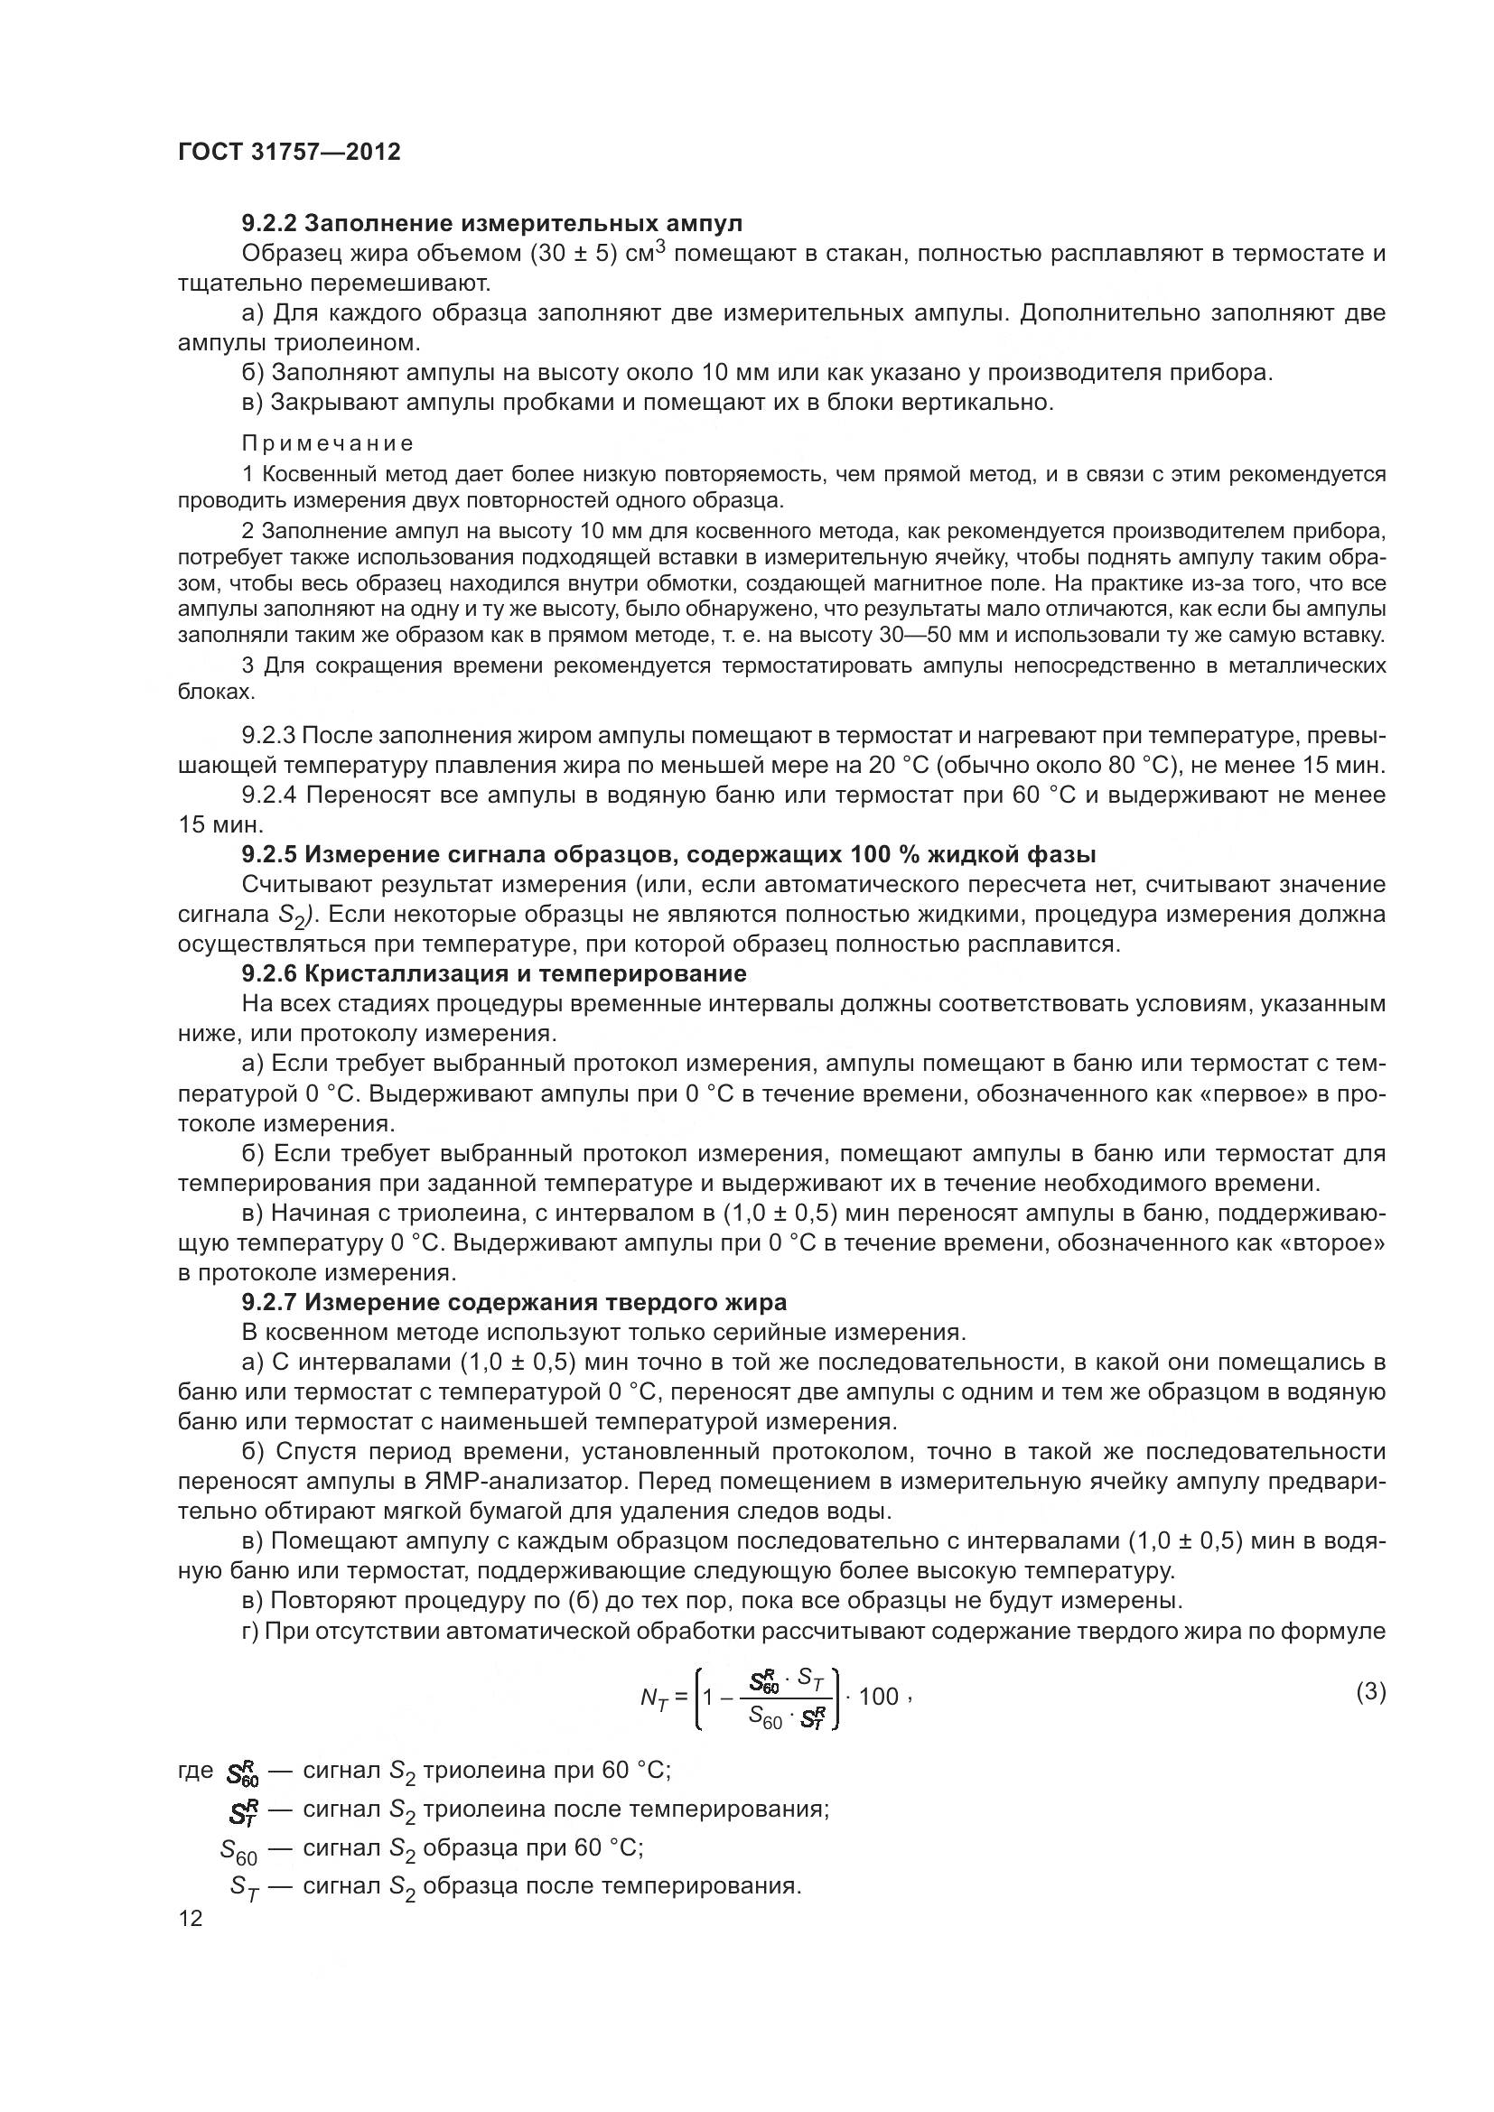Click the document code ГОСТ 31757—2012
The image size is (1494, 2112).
pyautogui.click(x=289, y=152)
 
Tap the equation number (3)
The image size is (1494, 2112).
pyautogui.click(x=1371, y=1690)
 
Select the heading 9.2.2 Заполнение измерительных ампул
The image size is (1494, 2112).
pyautogui.click(x=491, y=224)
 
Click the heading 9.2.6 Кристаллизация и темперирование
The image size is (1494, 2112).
pyautogui.click(x=494, y=973)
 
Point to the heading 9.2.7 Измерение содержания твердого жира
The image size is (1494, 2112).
pyautogui.click(x=514, y=1302)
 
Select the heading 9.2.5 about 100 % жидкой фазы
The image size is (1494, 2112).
pyautogui.click(x=668, y=854)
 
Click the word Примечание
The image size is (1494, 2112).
pyautogui.click(x=328, y=443)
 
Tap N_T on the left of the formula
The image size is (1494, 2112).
pyautogui.click(x=653, y=1698)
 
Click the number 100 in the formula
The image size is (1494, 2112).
pyautogui.click(x=879, y=1697)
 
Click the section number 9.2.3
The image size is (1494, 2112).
pyautogui.click(x=267, y=736)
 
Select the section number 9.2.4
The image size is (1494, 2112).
pyautogui.click(x=268, y=795)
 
